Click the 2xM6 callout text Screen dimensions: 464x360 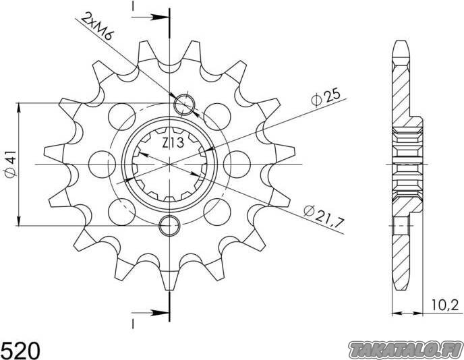[97, 26]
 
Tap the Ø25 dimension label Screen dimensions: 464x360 [326, 96]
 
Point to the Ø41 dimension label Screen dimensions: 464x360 [11, 164]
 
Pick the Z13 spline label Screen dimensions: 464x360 [173, 143]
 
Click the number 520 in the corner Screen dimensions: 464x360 [20, 351]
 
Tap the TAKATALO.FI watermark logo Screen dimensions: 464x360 [406, 351]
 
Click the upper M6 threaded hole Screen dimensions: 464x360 [184, 104]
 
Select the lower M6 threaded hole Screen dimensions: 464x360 [169, 226]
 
